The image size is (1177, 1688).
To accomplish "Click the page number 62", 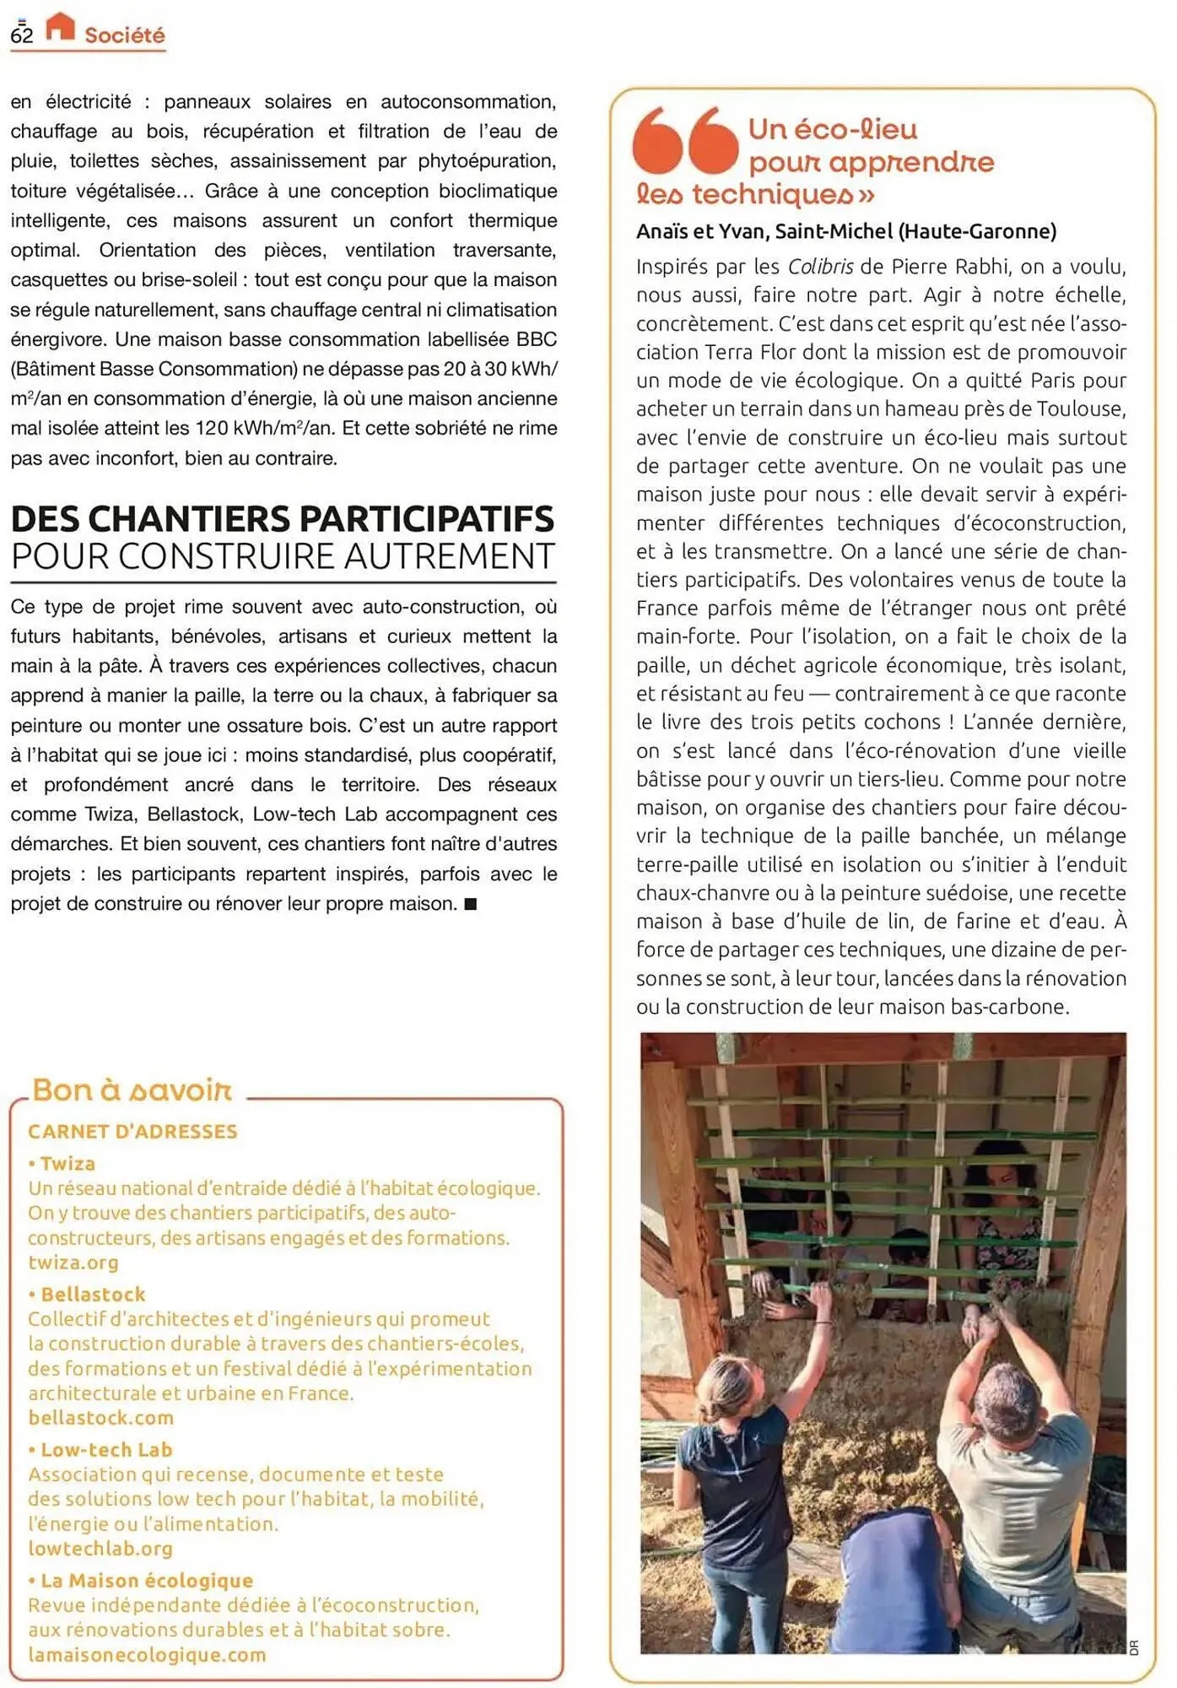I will [21, 35].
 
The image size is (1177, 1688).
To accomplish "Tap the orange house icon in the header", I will [60, 26].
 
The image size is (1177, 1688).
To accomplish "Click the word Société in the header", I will [124, 35].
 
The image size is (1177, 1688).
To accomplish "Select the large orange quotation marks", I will [685, 140].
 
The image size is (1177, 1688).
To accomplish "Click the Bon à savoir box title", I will [132, 1090].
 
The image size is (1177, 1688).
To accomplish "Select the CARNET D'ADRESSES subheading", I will [132, 1131].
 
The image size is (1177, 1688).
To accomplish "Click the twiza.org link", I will [73, 1263].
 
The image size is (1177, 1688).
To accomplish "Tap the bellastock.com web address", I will [100, 1418].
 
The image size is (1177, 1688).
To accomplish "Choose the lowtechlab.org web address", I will [100, 1549].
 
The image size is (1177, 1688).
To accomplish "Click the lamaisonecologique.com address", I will [147, 1655].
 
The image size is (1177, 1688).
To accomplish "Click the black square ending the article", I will [471, 904].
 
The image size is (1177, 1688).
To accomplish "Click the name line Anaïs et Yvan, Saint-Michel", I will [845, 231].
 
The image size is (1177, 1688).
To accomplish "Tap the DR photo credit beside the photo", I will [1134, 1647].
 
